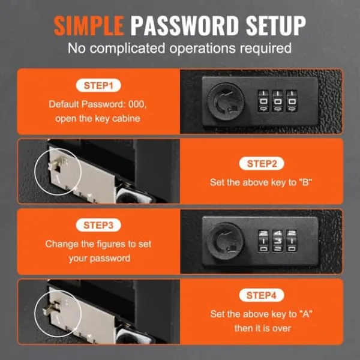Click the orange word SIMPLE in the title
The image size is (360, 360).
[89, 26]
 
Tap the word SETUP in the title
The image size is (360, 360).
[276, 26]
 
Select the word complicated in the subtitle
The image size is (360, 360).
[127, 49]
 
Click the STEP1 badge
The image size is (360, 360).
[98, 85]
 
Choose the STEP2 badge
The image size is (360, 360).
[262, 164]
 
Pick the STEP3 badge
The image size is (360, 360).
[98, 225]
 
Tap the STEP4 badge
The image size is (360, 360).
[262, 295]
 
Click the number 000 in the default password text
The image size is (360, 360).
[137, 104]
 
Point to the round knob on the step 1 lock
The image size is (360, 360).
[226, 101]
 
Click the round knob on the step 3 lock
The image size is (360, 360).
[225, 241]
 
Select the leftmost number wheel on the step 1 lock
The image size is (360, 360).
[263, 101]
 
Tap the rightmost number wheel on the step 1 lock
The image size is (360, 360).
[292, 101]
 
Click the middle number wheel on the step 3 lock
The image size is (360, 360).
[278, 241]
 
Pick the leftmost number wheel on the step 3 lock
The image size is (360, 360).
[263, 241]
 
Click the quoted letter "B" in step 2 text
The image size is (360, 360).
[305, 182]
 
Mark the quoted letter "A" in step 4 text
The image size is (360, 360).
[306, 314]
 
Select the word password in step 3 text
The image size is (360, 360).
[110, 259]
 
